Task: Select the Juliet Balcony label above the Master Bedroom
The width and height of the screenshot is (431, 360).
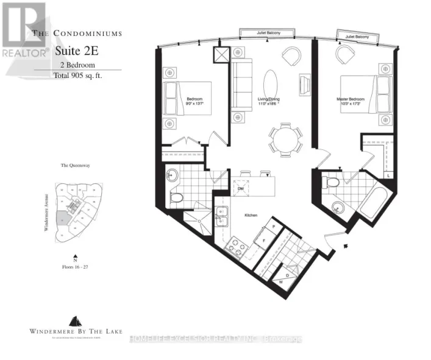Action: (358, 37)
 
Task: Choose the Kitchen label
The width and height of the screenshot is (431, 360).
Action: (253, 215)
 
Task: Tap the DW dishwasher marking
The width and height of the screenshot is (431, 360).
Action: (241, 189)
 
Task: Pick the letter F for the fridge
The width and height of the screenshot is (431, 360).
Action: (264, 241)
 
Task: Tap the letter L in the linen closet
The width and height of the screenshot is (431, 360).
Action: (390, 176)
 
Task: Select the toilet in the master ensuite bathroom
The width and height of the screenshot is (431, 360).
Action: (332, 181)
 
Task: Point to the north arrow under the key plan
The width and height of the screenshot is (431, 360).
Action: (75, 257)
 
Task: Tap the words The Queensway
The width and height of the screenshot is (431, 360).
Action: (75, 165)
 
